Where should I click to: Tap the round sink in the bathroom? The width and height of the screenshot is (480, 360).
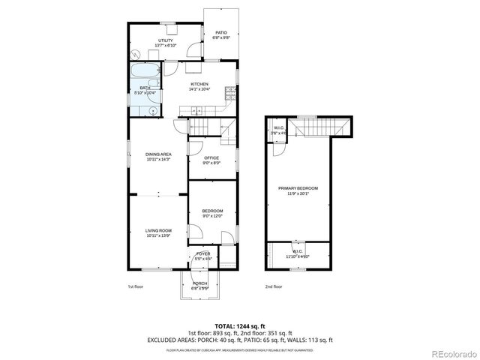[x=153, y=110]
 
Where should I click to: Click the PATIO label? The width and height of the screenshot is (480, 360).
[x=221, y=32]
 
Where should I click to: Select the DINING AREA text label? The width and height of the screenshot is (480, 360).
[x=158, y=154]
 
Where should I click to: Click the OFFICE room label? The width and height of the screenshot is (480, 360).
[x=211, y=157]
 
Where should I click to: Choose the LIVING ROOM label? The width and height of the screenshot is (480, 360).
[x=158, y=230]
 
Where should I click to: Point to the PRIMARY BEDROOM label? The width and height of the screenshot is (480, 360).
[x=298, y=187]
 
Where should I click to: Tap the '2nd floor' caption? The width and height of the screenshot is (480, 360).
[x=274, y=286]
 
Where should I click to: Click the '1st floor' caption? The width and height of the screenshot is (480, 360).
[x=136, y=286]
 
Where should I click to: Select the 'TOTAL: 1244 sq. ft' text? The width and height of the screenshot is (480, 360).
[x=240, y=326]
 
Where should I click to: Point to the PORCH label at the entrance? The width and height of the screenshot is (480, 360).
[x=199, y=283]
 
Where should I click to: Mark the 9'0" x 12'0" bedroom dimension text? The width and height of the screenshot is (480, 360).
[x=212, y=216]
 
